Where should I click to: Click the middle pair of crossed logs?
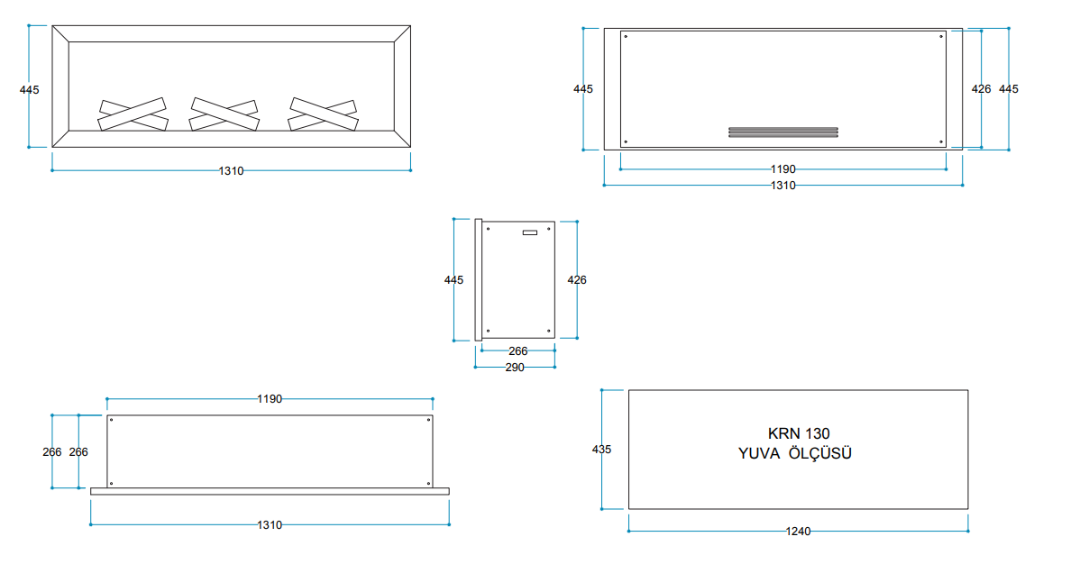click(224, 114)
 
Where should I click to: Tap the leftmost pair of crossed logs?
click(133, 114)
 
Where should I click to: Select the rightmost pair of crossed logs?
click(324, 114)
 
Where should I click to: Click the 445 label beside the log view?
click(30, 89)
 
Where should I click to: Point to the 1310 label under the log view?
click(232, 171)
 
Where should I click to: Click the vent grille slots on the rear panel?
click(783, 132)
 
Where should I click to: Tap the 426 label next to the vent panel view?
click(982, 89)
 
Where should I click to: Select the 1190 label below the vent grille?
click(783, 169)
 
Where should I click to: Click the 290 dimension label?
click(515, 368)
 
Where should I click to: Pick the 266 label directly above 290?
click(518, 351)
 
